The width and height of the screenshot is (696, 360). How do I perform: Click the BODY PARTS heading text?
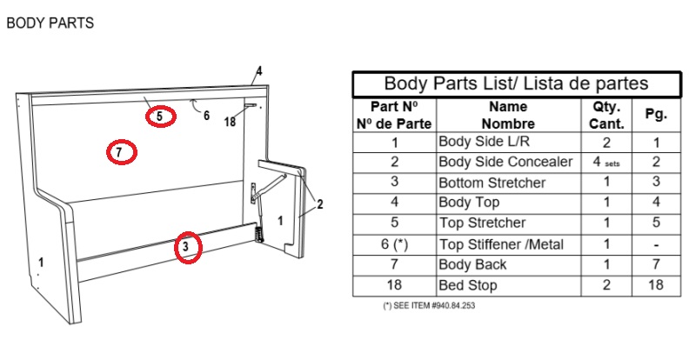[50, 23]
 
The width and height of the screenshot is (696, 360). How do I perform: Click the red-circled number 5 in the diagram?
[160, 117]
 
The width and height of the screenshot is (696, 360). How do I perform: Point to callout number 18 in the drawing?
[230, 121]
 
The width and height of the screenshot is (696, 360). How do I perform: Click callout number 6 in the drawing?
[206, 116]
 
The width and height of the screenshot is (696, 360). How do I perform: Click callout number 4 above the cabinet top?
[258, 71]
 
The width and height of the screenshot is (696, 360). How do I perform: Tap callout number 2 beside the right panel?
[319, 204]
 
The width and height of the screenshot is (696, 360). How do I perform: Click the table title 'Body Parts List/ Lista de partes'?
[516, 83]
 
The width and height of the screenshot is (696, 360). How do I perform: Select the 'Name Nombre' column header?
[508, 115]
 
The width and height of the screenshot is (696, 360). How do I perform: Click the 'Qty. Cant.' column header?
[606, 115]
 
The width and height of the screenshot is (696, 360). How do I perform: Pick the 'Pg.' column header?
[656, 114]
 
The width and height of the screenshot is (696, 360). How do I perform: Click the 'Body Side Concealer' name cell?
[505, 162]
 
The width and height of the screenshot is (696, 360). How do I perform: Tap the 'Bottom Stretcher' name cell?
[492, 183]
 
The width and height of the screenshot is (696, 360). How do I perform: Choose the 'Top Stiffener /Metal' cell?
[501, 244]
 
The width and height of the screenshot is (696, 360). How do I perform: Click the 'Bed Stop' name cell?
[467, 285]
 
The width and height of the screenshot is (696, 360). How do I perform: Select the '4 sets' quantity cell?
[606, 162]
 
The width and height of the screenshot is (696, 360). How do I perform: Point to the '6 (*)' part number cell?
[394, 244]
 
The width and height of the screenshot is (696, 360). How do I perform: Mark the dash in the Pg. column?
[656, 245]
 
